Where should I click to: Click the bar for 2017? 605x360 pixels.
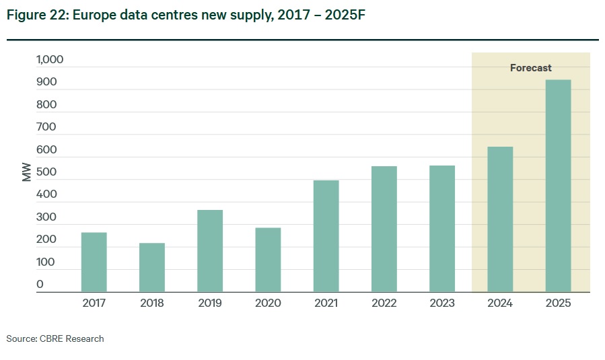tap(94, 262)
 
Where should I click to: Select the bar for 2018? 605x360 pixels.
tap(152, 267)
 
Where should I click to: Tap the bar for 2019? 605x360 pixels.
tap(210, 251)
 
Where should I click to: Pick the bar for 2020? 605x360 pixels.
tap(268, 260)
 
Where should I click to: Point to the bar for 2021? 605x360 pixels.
tap(326, 236)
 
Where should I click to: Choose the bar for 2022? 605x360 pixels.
tap(384, 229)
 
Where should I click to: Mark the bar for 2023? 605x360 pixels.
tap(442, 229)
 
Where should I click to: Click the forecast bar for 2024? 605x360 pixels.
tap(500, 219)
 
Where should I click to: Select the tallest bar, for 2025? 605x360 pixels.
tap(559, 186)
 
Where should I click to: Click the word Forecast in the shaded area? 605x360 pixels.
tap(530, 68)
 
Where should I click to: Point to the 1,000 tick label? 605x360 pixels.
tap(50, 60)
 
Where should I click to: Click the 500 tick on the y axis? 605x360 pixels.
tap(46, 172)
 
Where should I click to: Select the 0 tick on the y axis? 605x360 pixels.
tap(40, 285)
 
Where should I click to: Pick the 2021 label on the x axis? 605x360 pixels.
tap(326, 303)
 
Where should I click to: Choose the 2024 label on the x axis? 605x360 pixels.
tap(500, 303)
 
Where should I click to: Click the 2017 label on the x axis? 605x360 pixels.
tap(94, 303)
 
